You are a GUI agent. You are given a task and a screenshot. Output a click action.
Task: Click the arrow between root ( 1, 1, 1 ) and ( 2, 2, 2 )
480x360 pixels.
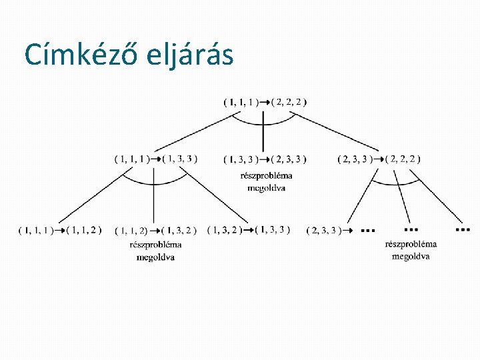[x=265, y=102]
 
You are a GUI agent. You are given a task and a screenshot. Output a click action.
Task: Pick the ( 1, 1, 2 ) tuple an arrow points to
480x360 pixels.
[x=84, y=230]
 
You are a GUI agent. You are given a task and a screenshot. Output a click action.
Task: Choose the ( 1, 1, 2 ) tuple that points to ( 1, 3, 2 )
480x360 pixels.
[x=131, y=231]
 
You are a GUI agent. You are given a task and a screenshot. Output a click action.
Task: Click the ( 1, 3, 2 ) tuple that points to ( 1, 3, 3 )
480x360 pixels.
[x=225, y=230]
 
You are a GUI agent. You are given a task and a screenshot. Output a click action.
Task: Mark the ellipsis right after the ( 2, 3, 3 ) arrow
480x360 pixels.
[x=367, y=230]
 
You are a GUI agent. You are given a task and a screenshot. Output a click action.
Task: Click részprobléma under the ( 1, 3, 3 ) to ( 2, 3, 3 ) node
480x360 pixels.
[x=266, y=176]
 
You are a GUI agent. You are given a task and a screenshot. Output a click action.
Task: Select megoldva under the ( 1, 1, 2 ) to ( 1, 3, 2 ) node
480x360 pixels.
[x=155, y=257]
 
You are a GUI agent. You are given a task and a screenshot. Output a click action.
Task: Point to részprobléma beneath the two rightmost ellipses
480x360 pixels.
[x=411, y=244]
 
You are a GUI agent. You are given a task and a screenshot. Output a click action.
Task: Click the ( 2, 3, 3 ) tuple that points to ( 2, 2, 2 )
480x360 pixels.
[x=355, y=159]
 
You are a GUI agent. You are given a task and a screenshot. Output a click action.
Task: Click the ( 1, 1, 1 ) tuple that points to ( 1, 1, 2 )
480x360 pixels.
[x=37, y=230]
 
